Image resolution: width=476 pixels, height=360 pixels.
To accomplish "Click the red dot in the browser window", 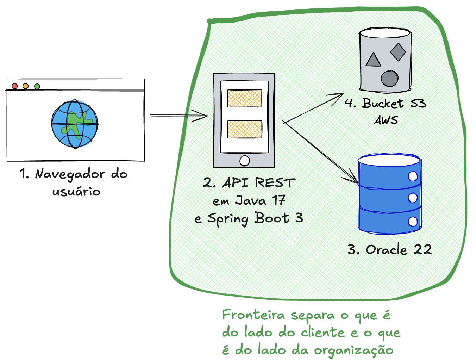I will [x=14, y=86].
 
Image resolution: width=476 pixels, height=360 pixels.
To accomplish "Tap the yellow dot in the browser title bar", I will [x=25, y=86].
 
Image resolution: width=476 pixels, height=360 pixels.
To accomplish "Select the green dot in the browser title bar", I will [x=37, y=86].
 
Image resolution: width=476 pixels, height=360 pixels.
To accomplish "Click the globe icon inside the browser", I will [x=75, y=124].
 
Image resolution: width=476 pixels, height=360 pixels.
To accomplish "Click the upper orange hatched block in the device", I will [x=245, y=99].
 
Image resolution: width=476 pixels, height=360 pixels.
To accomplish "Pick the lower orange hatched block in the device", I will [x=245, y=129].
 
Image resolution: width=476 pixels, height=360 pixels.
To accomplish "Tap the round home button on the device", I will [x=245, y=161].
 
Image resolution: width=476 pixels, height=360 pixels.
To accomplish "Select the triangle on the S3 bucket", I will [x=373, y=60].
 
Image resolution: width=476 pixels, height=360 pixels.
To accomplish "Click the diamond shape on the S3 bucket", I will [x=398, y=52].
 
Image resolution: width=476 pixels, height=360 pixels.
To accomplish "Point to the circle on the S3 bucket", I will [x=389, y=78].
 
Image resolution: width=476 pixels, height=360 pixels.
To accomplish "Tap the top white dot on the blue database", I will [x=413, y=176].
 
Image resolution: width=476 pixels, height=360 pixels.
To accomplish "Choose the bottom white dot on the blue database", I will [x=413, y=222].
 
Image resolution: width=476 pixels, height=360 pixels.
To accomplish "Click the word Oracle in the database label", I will [x=386, y=249].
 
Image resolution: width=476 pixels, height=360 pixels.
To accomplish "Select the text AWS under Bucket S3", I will [x=386, y=120].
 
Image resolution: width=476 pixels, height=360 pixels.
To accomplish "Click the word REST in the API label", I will [x=275, y=183].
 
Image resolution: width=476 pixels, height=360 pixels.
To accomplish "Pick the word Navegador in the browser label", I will [x=70, y=174].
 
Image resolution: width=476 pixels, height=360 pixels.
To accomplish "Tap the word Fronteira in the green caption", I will [x=253, y=315].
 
